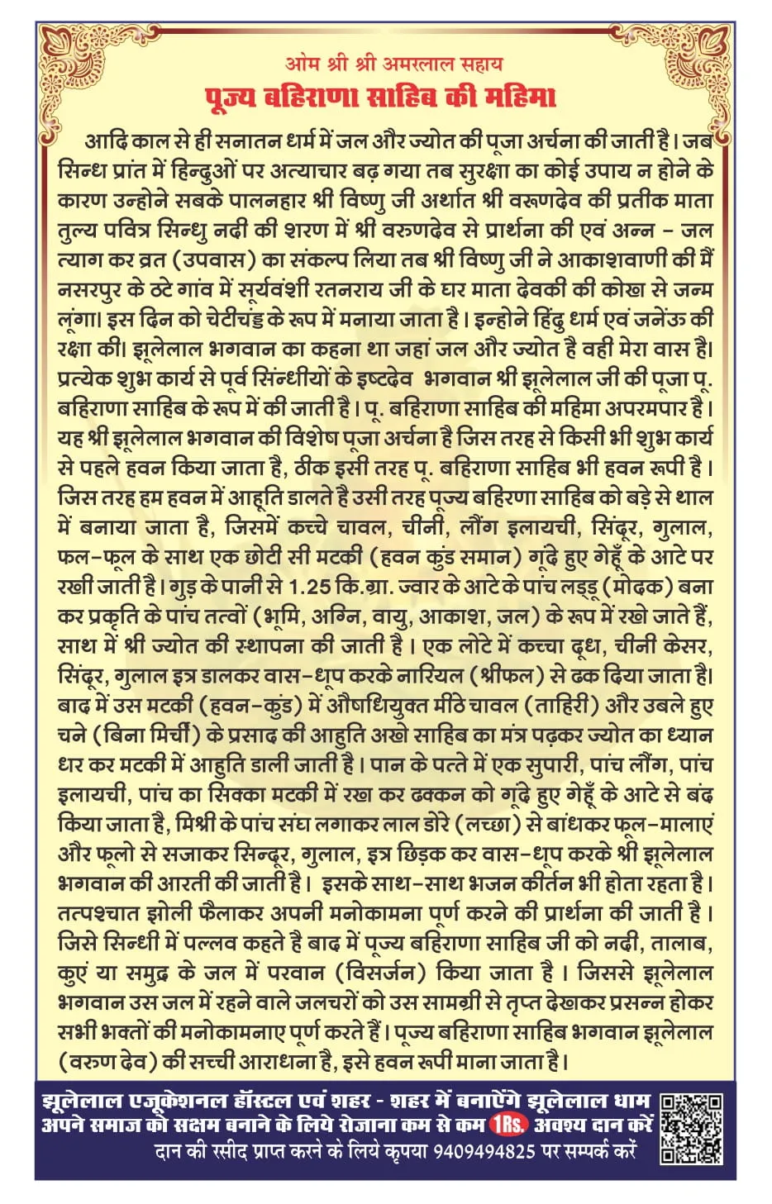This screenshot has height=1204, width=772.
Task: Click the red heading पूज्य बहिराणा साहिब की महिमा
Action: [x=380, y=98]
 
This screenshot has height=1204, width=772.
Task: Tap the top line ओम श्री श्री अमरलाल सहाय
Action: [x=393, y=64]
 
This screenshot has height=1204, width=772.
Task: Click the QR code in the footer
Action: [x=691, y=1127]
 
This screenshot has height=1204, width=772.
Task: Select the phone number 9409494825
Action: [x=484, y=1150]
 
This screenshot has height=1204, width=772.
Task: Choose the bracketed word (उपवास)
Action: [x=217, y=260]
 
